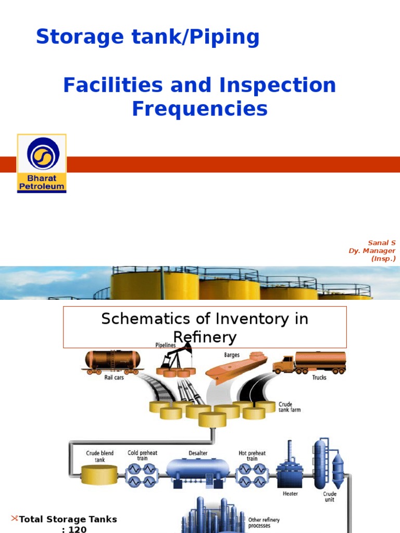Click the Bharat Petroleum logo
(42, 163)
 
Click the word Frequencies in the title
(199, 109)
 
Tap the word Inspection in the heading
(278, 85)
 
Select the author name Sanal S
(382, 243)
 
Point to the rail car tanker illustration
(113, 362)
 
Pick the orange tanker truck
(309, 363)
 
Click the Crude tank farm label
(290, 407)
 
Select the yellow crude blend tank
(99, 474)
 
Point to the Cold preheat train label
(143, 455)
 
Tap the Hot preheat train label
(252, 455)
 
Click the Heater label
(290, 493)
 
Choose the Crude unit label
(330, 497)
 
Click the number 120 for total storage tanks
(77, 529)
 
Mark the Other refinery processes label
(264, 523)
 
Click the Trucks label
(319, 377)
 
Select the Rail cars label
(114, 377)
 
